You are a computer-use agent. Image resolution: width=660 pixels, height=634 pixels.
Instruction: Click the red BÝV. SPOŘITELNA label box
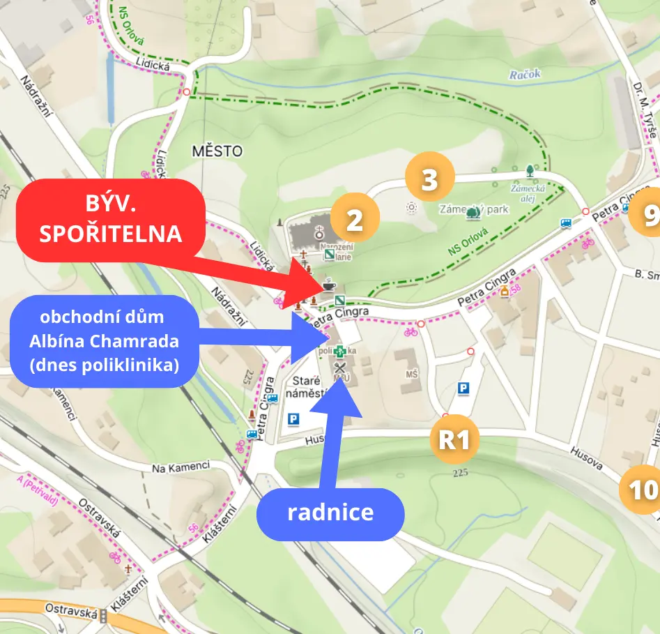click(x=110, y=220)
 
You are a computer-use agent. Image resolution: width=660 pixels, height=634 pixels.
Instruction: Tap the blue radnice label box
click(x=330, y=513)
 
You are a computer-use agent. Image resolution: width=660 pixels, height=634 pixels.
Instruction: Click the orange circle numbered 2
click(x=355, y=220)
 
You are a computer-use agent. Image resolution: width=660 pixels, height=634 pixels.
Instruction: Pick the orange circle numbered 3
click(x=430, y=179)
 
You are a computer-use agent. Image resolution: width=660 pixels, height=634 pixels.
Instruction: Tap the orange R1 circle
click(x=454, y=440)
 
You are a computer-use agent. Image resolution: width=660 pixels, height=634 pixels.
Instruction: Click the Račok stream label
click(x=524, y=75)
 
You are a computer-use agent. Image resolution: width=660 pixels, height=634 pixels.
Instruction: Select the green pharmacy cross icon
click(x=339, y=352)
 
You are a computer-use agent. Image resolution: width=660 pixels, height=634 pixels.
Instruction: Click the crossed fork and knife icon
click(x=340, y=368)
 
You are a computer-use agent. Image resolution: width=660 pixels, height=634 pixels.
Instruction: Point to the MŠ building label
click(x=411, y=375)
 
